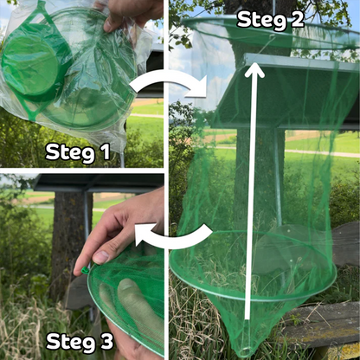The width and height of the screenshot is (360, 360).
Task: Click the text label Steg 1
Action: click(x=78, y=152)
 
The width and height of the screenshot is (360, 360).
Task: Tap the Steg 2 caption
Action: click(x=270, y=20)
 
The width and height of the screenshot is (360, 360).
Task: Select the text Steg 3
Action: click(x=80, y=342)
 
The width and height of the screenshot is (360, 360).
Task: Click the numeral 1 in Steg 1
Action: click(x=106, y=151)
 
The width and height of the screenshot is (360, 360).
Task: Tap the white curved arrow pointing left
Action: click(x=174, y=236)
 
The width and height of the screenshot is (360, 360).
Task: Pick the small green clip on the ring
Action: click(x=86, y=270)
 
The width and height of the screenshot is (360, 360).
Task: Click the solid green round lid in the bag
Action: click(x=29, y=63)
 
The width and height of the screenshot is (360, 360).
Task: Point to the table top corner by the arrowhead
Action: click(x=247, y=55)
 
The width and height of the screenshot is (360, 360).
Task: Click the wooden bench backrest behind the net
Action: click(x=345, y=245)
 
